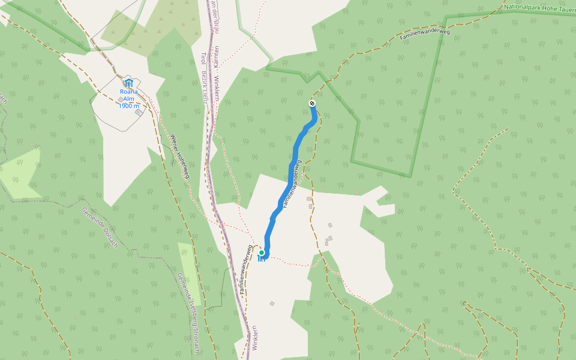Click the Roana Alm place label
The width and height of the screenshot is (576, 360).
(x=128, y=95)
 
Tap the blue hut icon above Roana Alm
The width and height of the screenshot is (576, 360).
(x=128, y=83)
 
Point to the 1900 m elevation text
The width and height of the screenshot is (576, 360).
(x=128, y=106)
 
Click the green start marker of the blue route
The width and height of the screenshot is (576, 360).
(x=262, y=253)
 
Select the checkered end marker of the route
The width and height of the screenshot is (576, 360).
(x=312, y=103)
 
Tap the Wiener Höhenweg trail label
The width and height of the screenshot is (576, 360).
(x=180, y=156)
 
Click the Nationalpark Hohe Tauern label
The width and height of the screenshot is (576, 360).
(x=539, y=8)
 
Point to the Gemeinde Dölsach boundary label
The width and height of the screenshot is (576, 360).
(x=99, y=227)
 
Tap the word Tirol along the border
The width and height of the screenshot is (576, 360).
(x=202, y=60)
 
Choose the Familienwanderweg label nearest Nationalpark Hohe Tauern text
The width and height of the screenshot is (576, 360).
(x=425, y=34)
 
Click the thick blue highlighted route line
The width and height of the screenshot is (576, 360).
(x=290, y=174)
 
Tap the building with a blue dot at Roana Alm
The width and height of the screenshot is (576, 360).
(x=139, y=112)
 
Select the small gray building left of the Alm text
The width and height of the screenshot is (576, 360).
(x=121, y=99)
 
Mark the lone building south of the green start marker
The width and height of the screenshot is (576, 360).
(x=272, y=304)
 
